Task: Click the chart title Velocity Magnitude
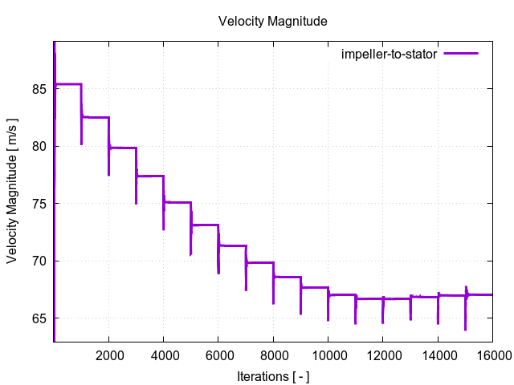(273, 22)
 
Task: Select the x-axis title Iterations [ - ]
(273, 375)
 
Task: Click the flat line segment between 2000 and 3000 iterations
(123, 148)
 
